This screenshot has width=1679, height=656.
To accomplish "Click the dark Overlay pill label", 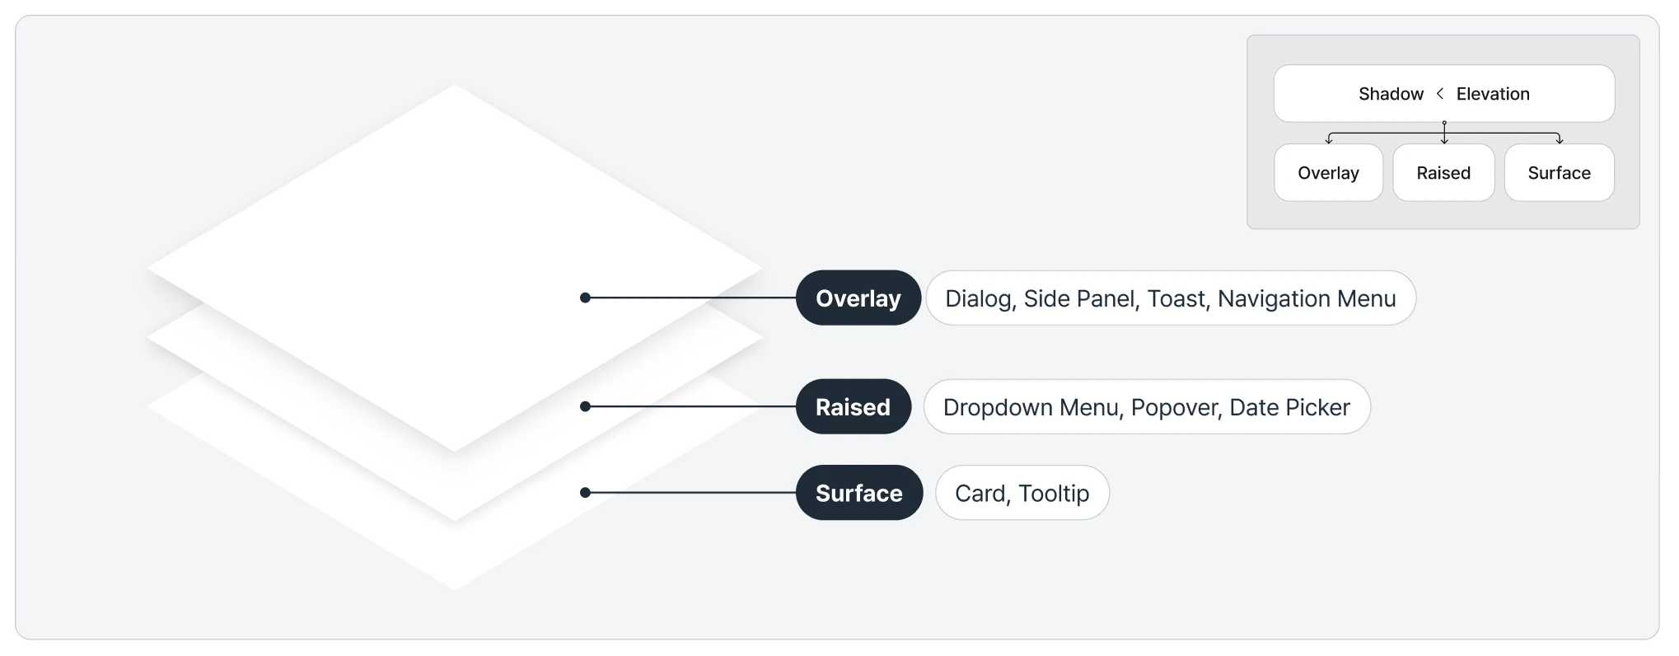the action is point(858,298).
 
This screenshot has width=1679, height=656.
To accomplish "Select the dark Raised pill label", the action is point(854,406).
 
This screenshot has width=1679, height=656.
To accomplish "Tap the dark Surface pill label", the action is point(859,493).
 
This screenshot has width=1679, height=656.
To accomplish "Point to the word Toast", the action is point(1176,299).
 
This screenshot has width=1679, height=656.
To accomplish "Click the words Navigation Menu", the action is point(1307,299).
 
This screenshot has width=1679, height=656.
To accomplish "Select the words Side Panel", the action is point(1079,299).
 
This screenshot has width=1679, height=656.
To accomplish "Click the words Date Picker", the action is point(1289,407).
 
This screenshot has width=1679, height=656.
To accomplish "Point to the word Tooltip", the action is point(1054,494).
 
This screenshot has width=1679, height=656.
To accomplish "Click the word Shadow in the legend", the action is point(1391,94).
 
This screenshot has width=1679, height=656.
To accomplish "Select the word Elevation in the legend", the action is point(1493,94).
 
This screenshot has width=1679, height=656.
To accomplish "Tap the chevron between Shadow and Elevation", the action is point(1439,94).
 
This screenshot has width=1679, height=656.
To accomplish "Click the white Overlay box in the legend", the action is point(1328,172).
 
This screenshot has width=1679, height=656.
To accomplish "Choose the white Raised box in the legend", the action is point(1443,172).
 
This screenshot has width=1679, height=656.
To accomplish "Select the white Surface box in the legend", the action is point(1559,172).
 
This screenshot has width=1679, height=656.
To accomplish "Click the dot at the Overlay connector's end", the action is point(585,298).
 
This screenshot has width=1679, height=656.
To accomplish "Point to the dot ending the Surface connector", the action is point(585,493).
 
